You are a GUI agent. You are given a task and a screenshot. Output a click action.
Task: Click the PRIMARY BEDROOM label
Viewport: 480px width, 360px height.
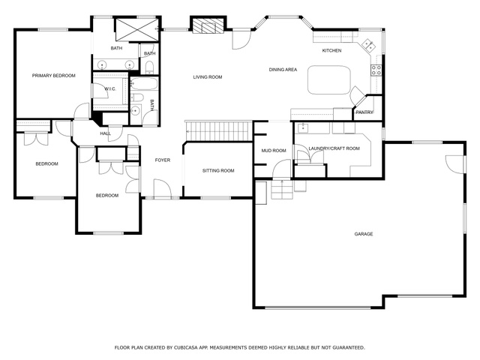[53, 76]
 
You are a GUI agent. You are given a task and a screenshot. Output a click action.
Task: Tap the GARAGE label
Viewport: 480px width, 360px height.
[364, 234]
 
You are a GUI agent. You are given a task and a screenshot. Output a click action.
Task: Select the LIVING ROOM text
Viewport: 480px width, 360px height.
[208, 77]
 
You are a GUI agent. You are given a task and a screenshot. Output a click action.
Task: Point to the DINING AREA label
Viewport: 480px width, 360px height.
[283, 70]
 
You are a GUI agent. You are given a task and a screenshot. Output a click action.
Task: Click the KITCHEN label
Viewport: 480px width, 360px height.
[331, 50]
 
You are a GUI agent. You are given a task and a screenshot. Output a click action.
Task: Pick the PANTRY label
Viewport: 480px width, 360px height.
[364, 112]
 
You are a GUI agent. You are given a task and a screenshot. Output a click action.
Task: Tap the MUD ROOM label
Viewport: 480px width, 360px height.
[274, 151]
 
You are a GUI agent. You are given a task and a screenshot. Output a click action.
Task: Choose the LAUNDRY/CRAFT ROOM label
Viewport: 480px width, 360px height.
[334, 148]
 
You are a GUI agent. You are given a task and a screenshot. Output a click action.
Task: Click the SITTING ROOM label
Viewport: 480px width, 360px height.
[218, 170]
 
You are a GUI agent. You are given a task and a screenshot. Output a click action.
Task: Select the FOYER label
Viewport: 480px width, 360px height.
[163, 160]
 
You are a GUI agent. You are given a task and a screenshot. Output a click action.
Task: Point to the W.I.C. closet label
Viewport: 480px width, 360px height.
[110, 89]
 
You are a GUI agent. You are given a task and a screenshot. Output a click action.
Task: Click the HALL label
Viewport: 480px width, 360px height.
[105, 133]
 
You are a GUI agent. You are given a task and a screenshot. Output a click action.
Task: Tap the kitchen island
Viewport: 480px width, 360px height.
[329, 80]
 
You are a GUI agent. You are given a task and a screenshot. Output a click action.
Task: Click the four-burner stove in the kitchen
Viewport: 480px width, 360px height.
[376, 70]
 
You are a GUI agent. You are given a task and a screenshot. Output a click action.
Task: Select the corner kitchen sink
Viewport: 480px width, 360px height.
[368, 45]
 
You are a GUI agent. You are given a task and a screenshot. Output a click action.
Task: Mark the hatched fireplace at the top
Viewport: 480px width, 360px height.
[208, 25]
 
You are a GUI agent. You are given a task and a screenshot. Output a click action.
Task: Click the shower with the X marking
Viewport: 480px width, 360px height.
[136, 29]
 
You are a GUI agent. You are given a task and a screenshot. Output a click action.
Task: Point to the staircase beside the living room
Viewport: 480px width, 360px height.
[218, 131]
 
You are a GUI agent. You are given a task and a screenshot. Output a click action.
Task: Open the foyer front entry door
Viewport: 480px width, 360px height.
[162, 189]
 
